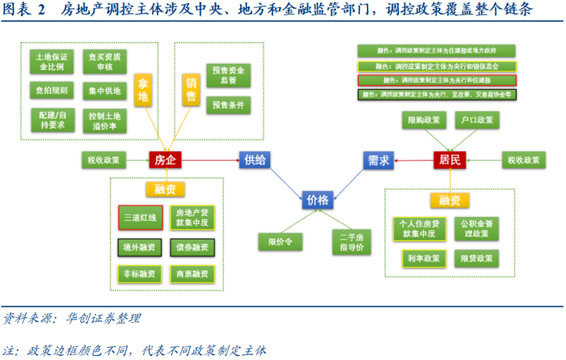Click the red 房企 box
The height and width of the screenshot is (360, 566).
164,160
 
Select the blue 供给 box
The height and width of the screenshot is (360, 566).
255,160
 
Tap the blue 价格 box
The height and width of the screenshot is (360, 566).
318,200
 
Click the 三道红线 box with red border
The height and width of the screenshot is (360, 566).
140,218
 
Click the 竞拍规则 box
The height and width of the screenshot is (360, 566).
53,91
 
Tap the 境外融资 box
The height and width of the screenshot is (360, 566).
140,247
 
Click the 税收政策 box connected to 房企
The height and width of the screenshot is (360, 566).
104,160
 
